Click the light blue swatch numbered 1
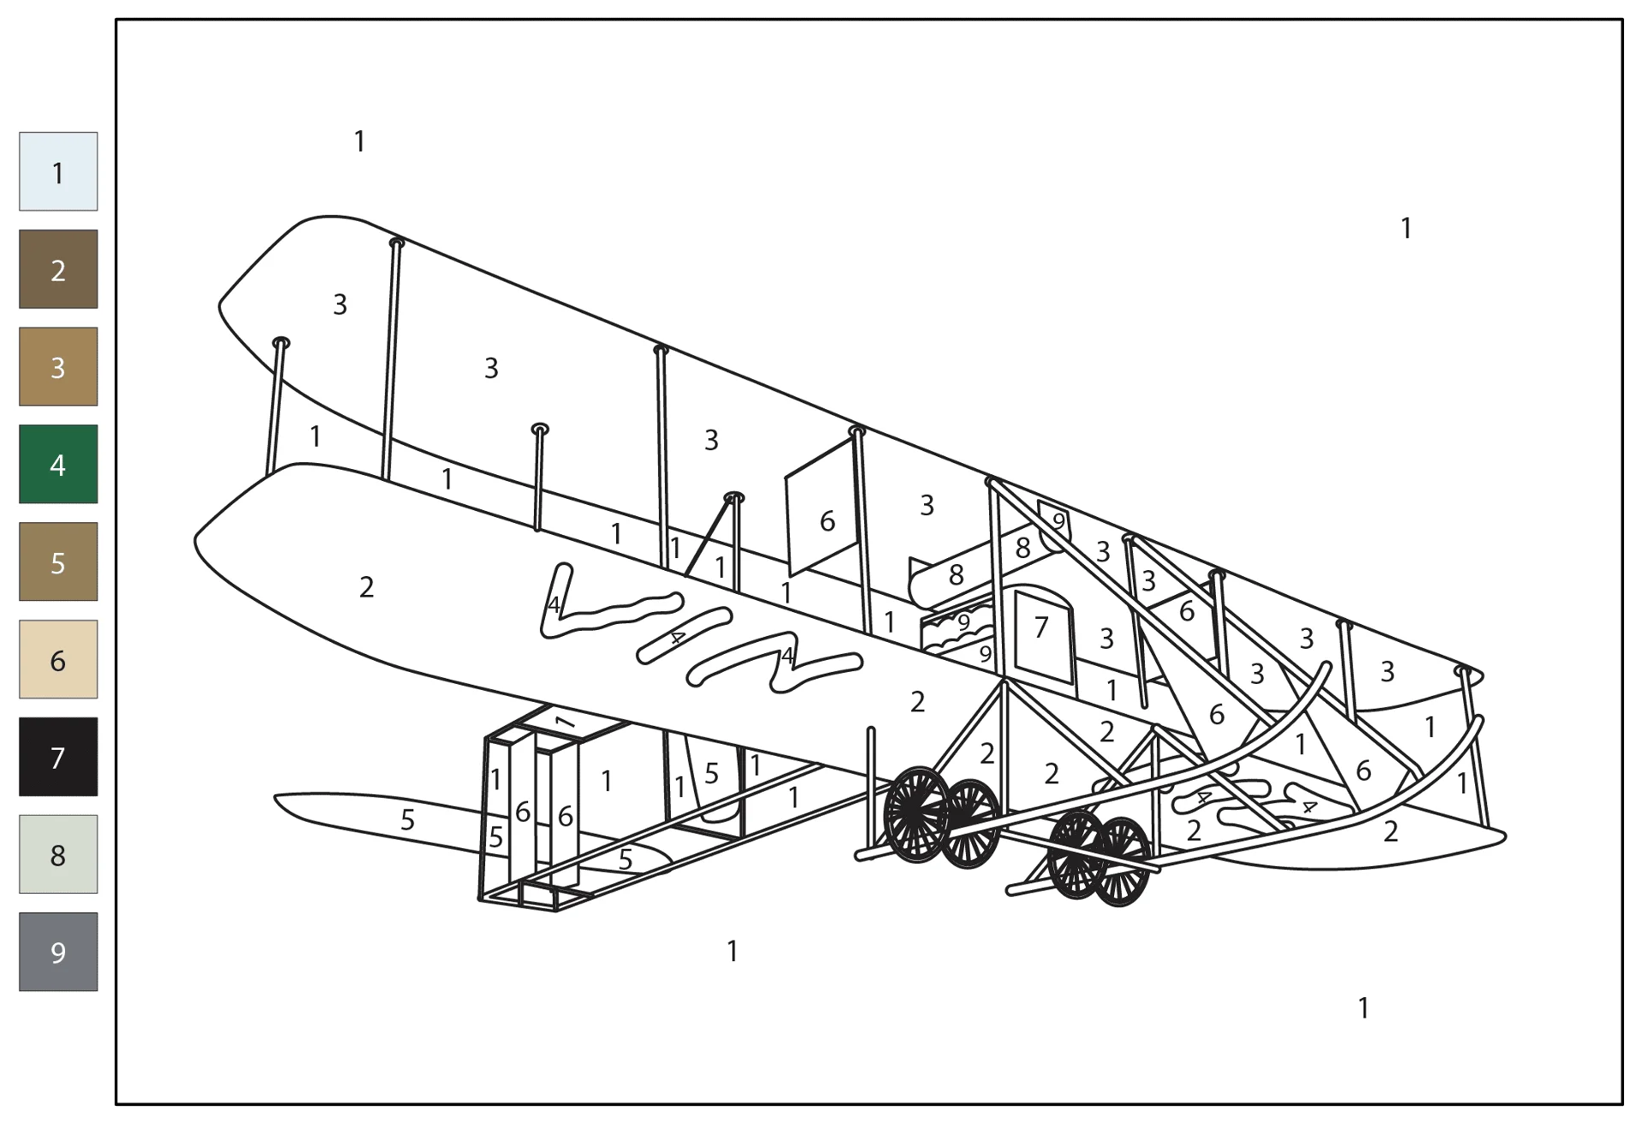tap(58, 171)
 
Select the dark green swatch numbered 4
tap(58, 464)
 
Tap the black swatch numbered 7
tap(58, 757)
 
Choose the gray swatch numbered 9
tap(58, 952)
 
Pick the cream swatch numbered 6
tap(58, 659)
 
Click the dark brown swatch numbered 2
tap(58, 269)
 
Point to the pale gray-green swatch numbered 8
tap(58, 854)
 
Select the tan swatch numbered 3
tap(58, 366)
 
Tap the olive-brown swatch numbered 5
tap(58, 561)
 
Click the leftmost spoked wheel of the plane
tap(917, 814)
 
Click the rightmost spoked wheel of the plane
tap(1122, 861)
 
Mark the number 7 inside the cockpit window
tap(1040, 628)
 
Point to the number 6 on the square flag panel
tap(827, 521)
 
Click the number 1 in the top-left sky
tap(359, 141)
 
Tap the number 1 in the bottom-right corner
tap(1363, 1008)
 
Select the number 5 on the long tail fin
tap(407, 820)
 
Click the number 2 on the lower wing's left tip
tap(366, 587)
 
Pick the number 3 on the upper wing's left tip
tap(340, 304)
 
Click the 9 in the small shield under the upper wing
tap(1058, 521)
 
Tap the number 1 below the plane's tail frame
tap(732, 951)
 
